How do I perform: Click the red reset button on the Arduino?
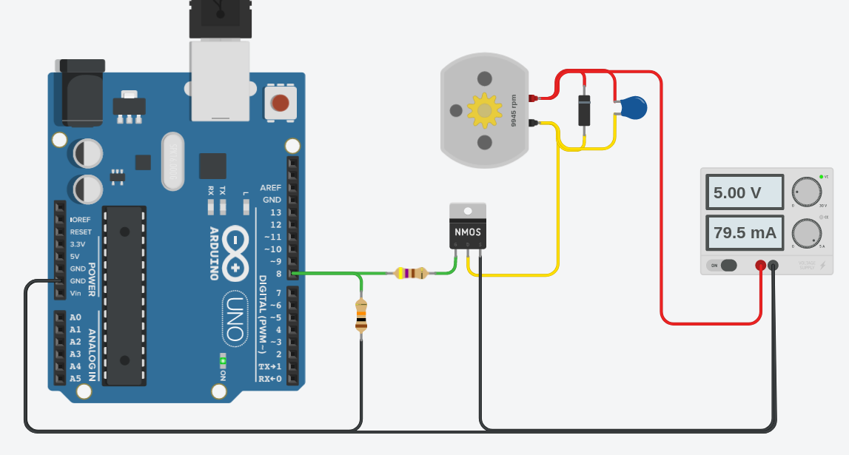coord(280,103)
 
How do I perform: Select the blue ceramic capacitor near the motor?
coord(633,108)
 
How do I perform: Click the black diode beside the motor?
coord(584,110)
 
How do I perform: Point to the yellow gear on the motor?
coord(485,110)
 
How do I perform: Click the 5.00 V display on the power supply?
coord(744,192)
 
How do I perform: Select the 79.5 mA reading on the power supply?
coord(744,233)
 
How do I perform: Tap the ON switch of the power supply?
coord(722,265)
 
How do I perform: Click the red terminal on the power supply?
coord(760,265)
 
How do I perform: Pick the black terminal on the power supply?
coord(773,265)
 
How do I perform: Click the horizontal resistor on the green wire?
coord(411,273)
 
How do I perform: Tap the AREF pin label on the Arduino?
coord(270,187)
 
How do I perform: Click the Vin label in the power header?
coord(75,293)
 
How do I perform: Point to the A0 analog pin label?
coord(75,317)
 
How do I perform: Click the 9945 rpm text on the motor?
coord(514,110)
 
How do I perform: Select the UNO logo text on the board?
coord(235,318)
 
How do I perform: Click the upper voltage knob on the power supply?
coord(806,192)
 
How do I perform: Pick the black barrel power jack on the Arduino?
coord(80,92)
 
